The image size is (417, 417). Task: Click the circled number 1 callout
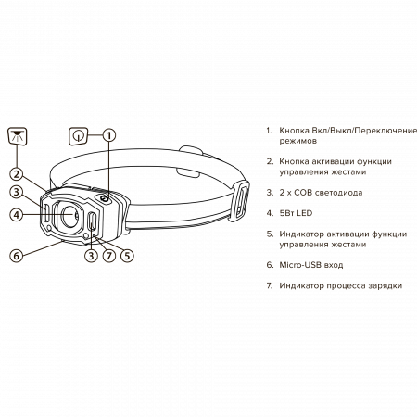[109, 135]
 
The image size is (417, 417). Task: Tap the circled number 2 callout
[17, 174]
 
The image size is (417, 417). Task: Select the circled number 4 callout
[17, 214]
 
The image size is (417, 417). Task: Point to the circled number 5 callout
[127, 256]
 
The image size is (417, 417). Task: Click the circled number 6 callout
[17, 256]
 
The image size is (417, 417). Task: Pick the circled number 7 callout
[109, 256]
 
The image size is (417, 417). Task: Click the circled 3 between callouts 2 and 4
[17, 192]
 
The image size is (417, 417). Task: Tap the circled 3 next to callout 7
[91, 256]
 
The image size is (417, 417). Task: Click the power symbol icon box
[79, 136]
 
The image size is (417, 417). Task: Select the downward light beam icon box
[18, 136]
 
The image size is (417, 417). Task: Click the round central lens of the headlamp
[69, 215]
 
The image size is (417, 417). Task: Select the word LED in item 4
[304, 213]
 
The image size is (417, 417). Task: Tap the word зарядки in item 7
[385, 285]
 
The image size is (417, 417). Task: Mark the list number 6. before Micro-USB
[270, 265]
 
